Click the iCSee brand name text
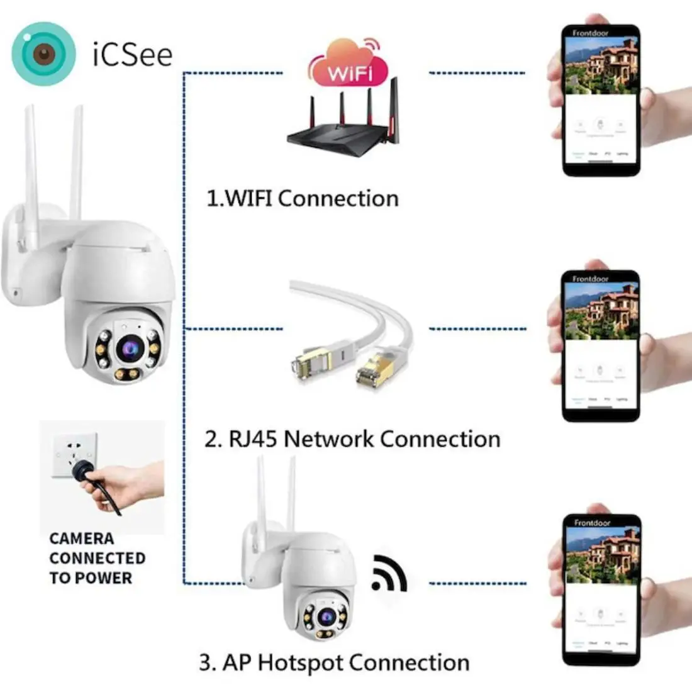pos(132,54)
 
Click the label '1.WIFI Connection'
pos(303,199)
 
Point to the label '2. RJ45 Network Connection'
pos(352,438)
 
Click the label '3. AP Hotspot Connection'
pos(334,662)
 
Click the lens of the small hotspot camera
pos(325,617)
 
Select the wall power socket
pos(75,454)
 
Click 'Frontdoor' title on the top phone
pos(591,33)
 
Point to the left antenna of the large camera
pos(31,176)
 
